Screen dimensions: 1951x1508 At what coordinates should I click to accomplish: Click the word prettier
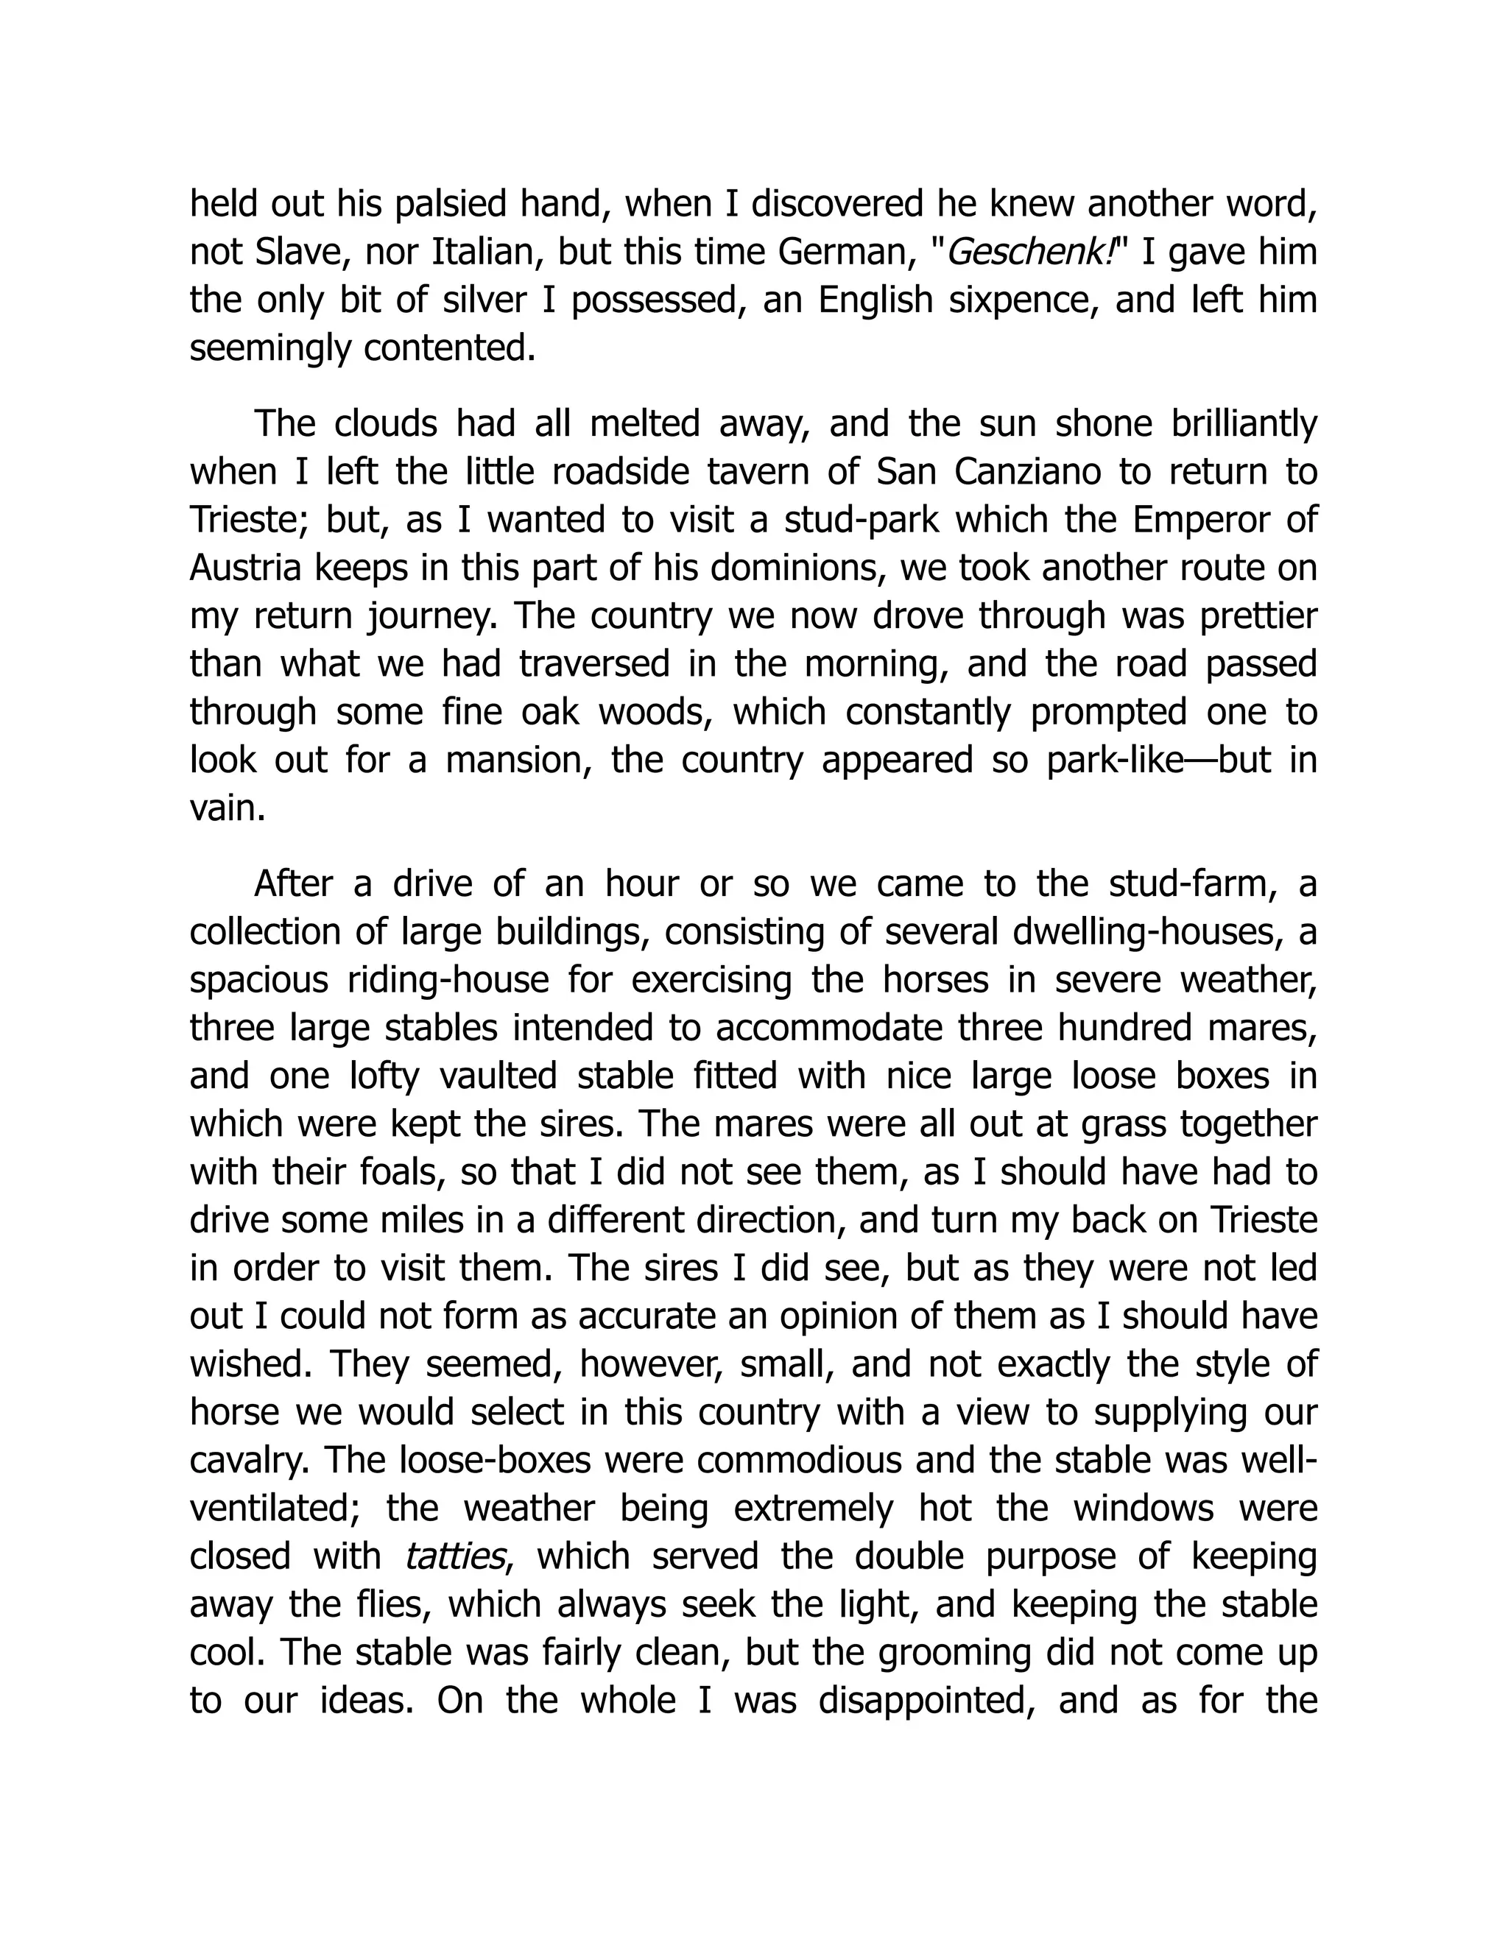pyautogui.click(x=1256, y=616)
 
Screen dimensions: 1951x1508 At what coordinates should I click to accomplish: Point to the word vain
pyautogui.click(x=227, y=809)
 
